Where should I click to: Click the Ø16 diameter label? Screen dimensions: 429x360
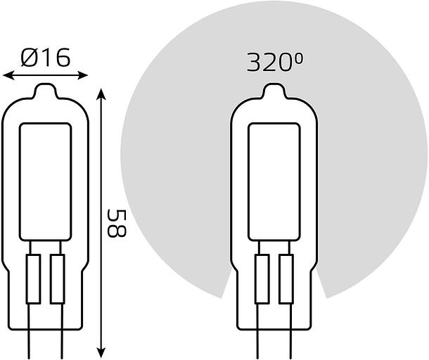point(46,58)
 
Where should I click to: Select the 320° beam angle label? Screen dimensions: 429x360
point(275,63)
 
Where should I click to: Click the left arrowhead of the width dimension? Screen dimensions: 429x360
point(8,75)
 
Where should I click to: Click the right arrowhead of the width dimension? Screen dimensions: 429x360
point(82,75)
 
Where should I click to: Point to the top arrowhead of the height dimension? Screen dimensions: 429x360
point(101,94)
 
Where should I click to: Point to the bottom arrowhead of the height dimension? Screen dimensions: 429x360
point(101,352)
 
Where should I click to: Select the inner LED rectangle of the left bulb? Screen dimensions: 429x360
point(46,182)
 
